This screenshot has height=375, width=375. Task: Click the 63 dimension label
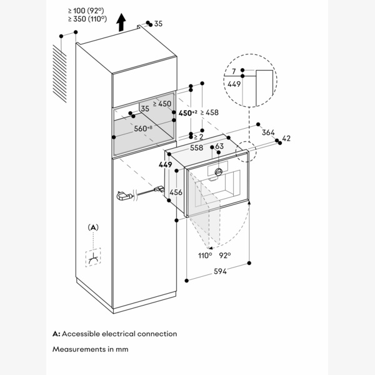pos(219,147)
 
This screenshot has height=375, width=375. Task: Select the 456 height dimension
pos(176,193)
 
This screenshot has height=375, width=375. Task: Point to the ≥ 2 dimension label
pos(198,136)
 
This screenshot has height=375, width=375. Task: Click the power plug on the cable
pos(123,197)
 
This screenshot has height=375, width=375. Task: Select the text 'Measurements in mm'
pos(90,349)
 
